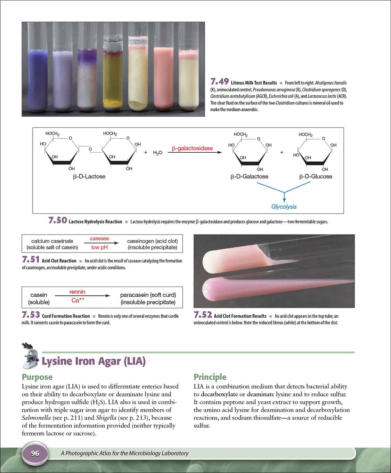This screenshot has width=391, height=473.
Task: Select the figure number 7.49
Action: coord(220,82)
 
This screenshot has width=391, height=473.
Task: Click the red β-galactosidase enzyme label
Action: coord(192,149)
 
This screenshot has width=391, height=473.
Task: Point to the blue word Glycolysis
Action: coord(284,207)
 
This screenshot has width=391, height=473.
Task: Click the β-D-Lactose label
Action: coord(89,176)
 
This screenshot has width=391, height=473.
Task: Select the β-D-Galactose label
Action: coord(249,176)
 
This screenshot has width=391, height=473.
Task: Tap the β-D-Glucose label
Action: coord(316,176)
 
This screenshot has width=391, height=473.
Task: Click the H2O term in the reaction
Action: coord(157,153)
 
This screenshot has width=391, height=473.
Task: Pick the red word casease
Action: coord(99,239)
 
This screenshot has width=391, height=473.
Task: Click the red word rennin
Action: coord(77,292)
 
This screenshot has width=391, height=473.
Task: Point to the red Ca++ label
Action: coord(78,300)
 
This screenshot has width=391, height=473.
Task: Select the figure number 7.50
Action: coord(58,221)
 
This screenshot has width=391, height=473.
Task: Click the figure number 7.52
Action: coord(203,315)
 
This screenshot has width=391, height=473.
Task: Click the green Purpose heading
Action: coord(37,377)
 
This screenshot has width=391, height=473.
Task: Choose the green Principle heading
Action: coord(210,377)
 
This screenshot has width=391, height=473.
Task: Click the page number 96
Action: coord(35,453)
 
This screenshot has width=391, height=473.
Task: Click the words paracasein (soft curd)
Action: coord(148,295)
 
